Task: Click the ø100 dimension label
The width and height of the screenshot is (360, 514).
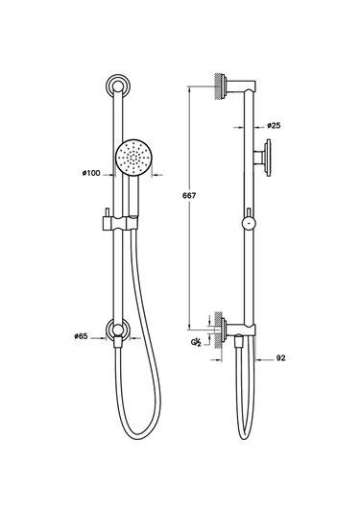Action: [91, 173]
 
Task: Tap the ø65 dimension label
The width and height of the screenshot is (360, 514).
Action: [81, 336]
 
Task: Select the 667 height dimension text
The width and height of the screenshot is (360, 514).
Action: [189, 196]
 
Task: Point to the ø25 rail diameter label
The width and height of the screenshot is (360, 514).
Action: [274, 125]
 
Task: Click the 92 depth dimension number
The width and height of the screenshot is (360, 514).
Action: [280, 358]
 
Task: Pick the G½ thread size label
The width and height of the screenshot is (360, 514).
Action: [196, 343]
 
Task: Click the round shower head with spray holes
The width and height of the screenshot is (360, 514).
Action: [133, 158]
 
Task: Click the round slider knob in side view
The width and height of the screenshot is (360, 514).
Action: [250, 224]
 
